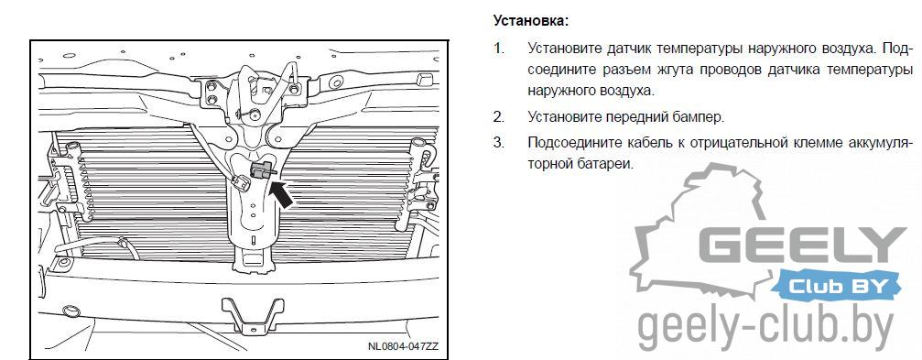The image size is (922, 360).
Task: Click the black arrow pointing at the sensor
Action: [x=282, y=194]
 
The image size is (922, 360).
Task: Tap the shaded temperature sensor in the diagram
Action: [x=262, y=169]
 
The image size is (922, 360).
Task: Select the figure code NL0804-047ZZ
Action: [x=404, y=346]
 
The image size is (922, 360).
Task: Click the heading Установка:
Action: [x=531, y=21]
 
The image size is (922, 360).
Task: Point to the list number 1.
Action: [x=498, y=48]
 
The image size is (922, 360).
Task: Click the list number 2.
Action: [x=499, y=117]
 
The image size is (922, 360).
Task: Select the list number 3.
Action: [x=499, y=143]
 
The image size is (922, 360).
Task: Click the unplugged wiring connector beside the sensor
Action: [x=241, y=182]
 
